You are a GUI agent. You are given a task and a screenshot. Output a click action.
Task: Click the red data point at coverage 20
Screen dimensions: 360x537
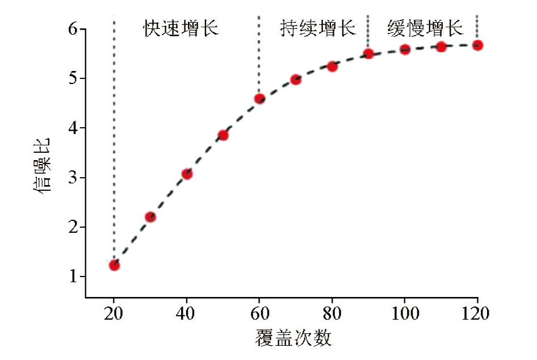coord(114,265)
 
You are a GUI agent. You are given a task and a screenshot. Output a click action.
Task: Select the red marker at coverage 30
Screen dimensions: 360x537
coord(150,217)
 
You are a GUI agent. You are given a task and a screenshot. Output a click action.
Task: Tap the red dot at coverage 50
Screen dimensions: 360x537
coord(223,135)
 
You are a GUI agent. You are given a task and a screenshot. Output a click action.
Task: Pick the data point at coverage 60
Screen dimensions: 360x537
coord(259,99)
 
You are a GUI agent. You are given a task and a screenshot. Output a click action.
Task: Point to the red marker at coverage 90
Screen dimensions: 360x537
coord(368,53)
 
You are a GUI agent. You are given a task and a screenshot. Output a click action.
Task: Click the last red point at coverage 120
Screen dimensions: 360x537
coord(477,45)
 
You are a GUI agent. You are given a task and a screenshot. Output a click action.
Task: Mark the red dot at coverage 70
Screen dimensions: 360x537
coord(296,79)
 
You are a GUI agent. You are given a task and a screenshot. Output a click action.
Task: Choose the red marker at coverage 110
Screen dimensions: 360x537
coord(441,47)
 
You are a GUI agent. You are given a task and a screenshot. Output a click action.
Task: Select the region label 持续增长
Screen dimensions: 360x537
coord(318,28)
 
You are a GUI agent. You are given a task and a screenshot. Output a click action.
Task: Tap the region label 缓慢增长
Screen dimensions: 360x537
coord(425,28)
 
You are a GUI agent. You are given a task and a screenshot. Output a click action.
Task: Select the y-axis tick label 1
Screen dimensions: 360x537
coord(74,277)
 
